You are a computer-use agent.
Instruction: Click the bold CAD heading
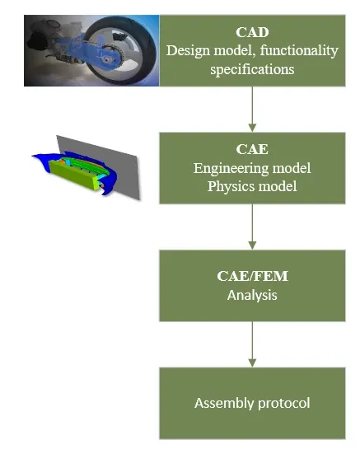click(x=252, y=32)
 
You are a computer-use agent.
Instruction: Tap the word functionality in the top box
click(x=299, y=51)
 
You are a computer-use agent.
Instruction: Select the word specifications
click(x=252, y=70)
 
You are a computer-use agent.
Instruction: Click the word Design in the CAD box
click(x=188, y=51)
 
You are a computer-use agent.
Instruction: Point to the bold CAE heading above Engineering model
click(x=252, y=149)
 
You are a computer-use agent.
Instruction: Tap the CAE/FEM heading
click(x=252, y=276)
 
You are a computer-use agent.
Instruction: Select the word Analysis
click(x=252, y=296)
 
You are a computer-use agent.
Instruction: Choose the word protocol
click(x=284, y=404)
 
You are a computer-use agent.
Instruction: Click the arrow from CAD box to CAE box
click(x=252, y=109)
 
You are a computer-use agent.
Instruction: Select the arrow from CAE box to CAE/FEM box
click(x=252, y=227)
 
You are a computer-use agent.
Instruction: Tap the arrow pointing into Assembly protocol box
click(x=252, y=344)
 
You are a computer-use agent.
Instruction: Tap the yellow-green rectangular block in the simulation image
click(x=75, y=175)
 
